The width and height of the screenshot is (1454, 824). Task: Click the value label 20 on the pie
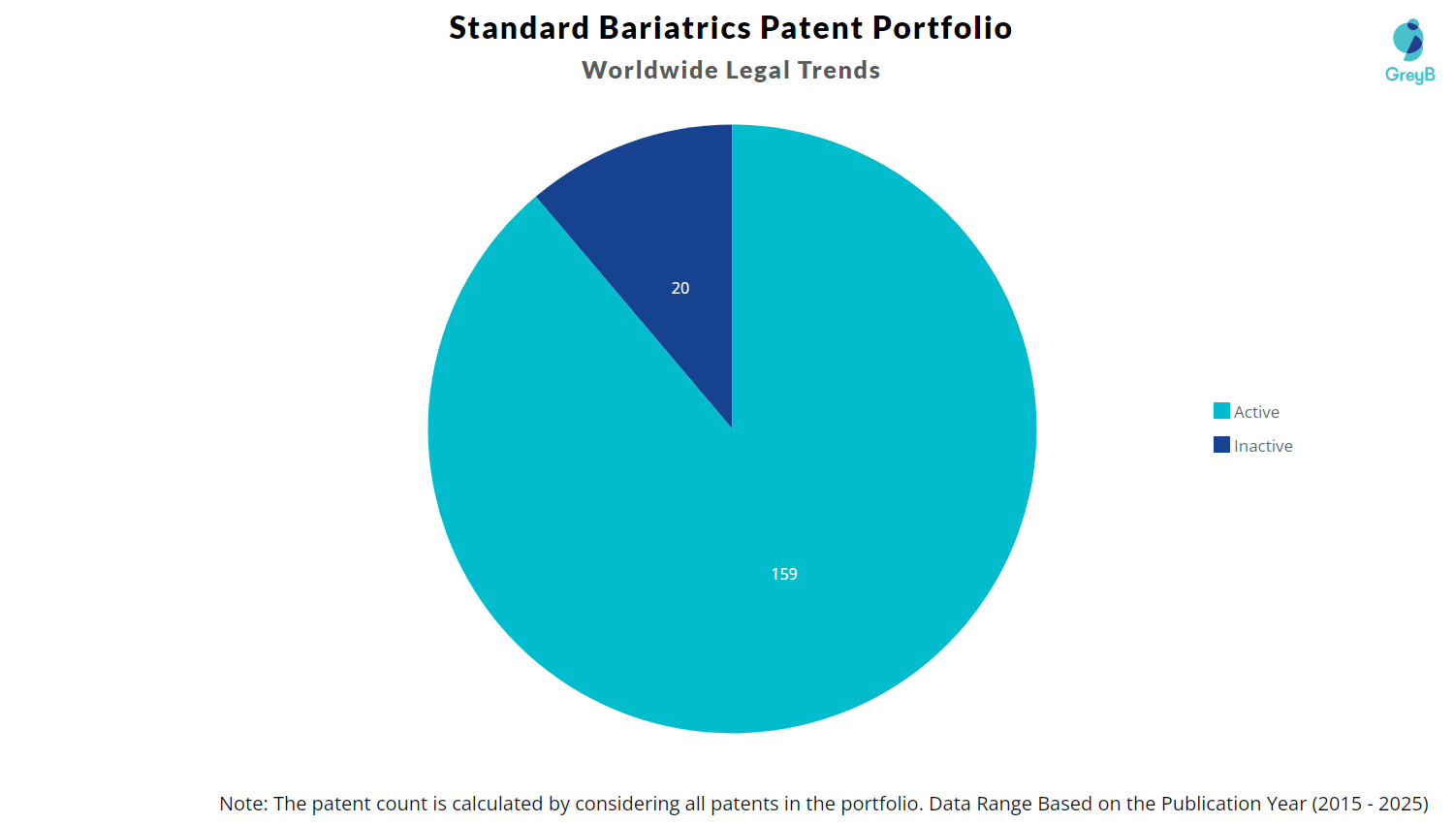pos(680,288)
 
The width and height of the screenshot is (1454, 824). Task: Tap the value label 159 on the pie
pos(784,574)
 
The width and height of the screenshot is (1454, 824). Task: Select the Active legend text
pos(1256,412)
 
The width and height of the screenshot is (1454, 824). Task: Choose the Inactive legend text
pos(1263,446)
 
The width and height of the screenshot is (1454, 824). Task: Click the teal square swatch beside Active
pos(1221,411)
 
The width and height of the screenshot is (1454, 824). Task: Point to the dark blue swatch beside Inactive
pos(1221,445)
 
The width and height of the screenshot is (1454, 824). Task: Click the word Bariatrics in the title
pos(675,28)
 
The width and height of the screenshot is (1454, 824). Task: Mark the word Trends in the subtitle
pos(838,70)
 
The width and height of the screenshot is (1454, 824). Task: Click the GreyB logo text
pos(1409,76)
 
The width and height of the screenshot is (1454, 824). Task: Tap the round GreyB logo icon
pos(1407,40)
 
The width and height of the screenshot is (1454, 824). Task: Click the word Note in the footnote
pos(243,804)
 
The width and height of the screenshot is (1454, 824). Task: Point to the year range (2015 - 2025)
pos(1370,805)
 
